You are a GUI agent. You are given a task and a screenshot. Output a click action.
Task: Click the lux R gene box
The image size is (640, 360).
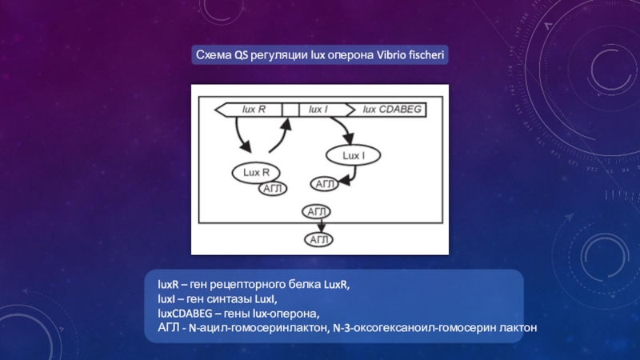click(256, 109)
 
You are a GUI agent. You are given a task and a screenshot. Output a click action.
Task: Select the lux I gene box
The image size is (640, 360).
click(318, 109)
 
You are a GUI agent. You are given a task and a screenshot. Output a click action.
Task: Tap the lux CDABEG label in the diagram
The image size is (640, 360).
click(392, 109)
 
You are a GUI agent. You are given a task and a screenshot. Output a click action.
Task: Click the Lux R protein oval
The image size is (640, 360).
click(256, 172)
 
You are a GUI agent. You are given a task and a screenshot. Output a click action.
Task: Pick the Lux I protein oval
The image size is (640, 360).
click(353, 155)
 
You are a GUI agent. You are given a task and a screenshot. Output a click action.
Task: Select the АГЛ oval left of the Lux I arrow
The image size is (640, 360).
click(324, 185)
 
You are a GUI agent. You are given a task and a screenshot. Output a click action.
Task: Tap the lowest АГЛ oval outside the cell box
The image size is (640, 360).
click(318, 239)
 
